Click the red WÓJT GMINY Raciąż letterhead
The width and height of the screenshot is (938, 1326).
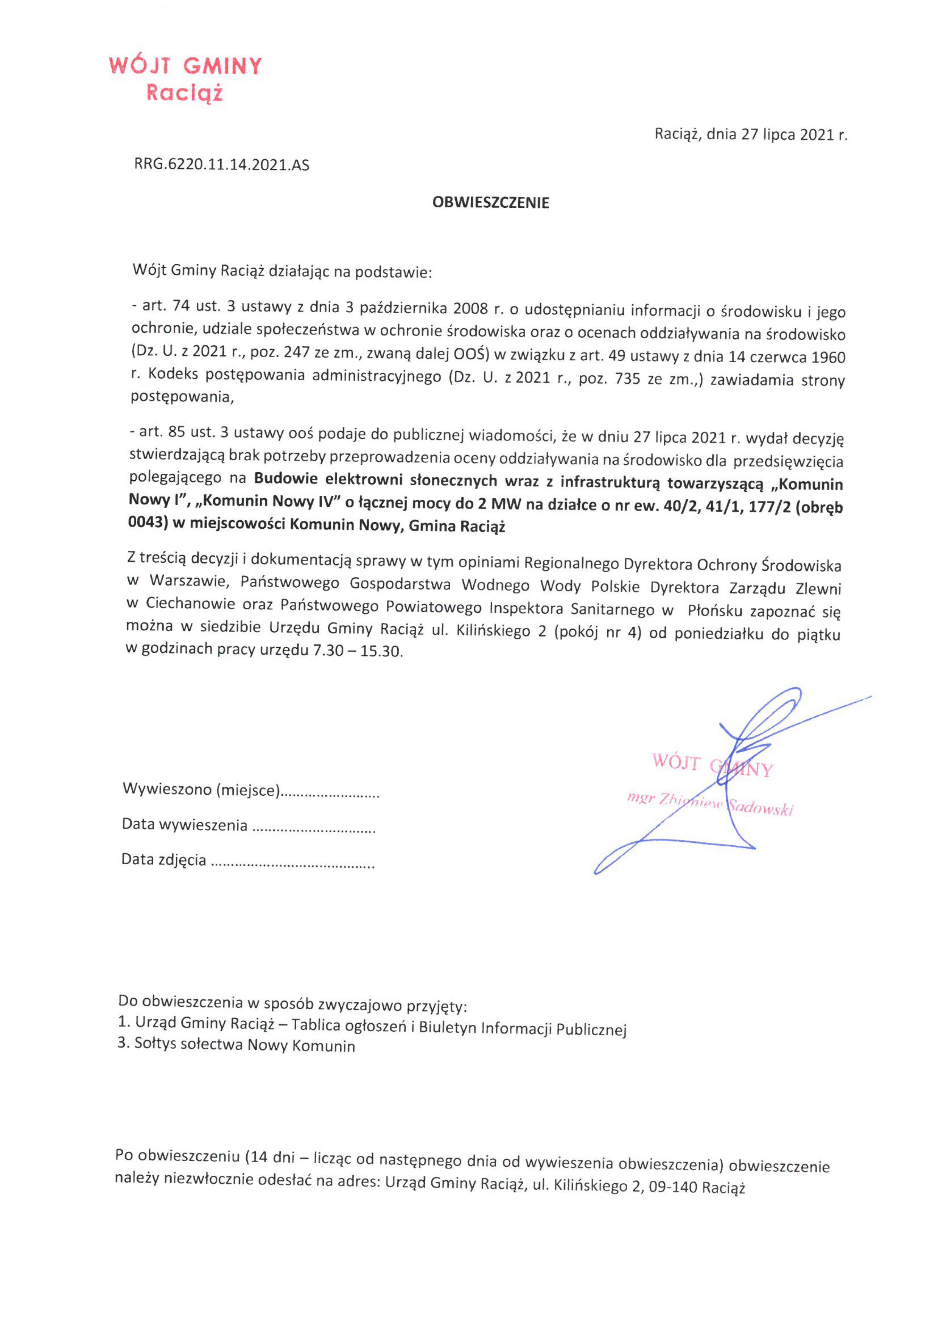point(185,79)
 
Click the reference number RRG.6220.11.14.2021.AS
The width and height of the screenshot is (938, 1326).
point(222,165)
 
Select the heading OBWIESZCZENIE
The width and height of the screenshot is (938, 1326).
point(490,203)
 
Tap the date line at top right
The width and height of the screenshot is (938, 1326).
point(750,135)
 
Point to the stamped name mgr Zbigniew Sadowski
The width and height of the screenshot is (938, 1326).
point(710,805)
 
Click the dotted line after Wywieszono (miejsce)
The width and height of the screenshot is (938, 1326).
point(330,792)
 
